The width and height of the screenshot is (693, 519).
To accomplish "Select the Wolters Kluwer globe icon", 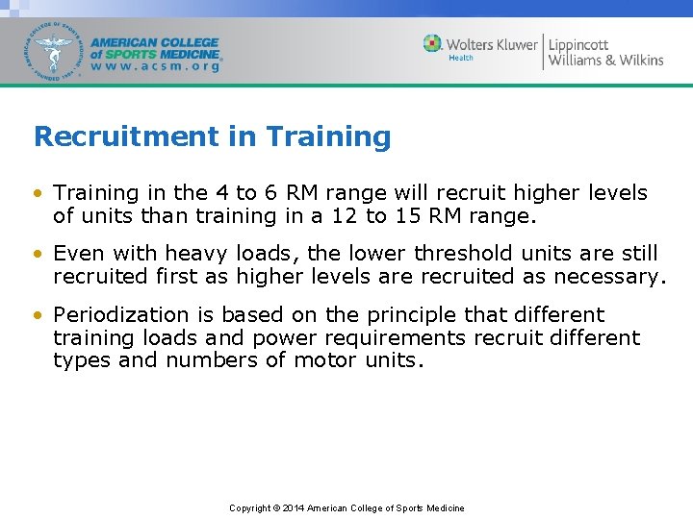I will click(x=433, y=44).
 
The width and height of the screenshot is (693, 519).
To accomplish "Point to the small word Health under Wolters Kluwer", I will click(x=461, y=59).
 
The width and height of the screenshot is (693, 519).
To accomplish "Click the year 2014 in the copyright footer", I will click(x=294, y=508).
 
